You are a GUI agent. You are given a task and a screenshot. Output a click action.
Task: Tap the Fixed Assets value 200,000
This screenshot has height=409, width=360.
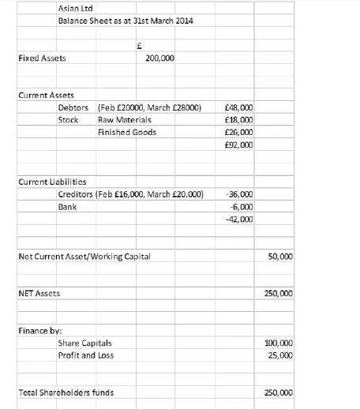[x=161, y=58]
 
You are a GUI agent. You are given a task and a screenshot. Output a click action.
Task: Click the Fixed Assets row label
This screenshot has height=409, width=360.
[x=43, y=58]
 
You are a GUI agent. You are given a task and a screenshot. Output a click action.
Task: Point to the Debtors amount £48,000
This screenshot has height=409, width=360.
[x=238, y=107]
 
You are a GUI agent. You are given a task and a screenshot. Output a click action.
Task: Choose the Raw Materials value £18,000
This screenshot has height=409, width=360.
[x=238, y=120]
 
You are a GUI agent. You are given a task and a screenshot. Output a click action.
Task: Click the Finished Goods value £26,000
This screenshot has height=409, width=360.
[x=238, y=133]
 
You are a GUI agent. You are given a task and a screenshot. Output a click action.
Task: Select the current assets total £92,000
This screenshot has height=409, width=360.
[x=238, y=145]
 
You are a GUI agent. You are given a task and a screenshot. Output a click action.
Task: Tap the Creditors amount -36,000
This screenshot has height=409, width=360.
[x=239, y=193]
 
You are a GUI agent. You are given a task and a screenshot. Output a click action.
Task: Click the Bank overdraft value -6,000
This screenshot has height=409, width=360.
[x=241, y=206]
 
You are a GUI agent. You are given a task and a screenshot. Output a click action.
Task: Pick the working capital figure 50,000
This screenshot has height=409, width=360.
[x=280, y=257]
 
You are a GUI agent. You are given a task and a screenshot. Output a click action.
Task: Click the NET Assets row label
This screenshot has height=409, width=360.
[x=39, y=293]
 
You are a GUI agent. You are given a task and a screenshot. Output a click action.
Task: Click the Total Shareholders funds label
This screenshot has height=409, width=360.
[x=66, y=392]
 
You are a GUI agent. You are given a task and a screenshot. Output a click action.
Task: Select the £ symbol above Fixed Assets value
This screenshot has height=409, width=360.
[x=139, y=45]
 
